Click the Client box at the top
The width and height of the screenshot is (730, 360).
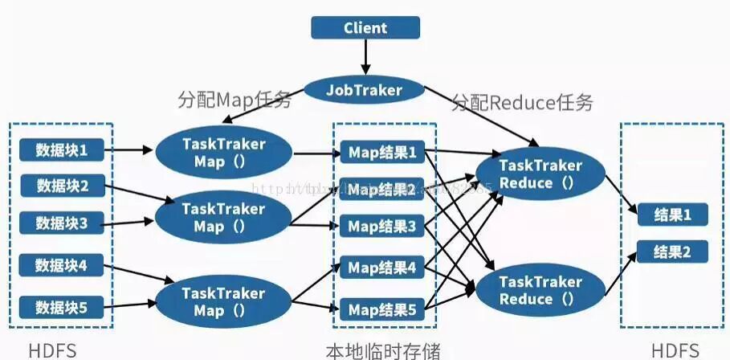pos(365,28)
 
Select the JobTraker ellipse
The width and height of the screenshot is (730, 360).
pos(364,89)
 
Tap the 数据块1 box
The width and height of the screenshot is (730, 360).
pos(61,149)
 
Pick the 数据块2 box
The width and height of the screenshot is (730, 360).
pos(62,186)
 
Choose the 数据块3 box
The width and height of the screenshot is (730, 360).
pos(61,223)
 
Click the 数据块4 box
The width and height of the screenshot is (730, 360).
pos(61,264)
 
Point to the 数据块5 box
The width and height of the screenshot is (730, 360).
pos(61,306)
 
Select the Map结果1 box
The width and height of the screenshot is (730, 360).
pos(381,152)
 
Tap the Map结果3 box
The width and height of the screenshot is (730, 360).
pos(381,227)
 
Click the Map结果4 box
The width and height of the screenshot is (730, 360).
pos(381,267)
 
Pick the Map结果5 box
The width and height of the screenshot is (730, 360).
pos(381,309)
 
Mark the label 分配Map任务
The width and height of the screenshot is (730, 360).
pos(234,100)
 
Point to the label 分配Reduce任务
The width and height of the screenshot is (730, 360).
pos(522,102)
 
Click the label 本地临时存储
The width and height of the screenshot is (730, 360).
pos(382,350)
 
